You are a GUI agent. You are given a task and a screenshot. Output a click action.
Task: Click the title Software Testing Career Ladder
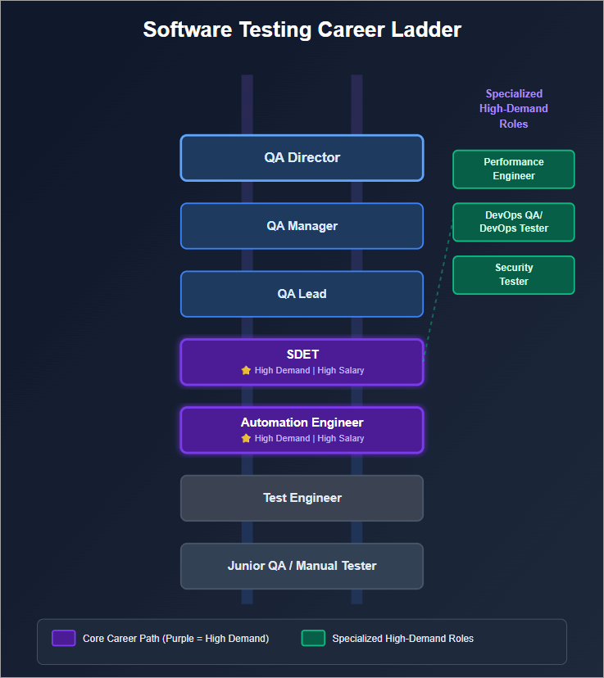302,30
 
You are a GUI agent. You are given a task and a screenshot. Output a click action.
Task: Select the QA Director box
302,158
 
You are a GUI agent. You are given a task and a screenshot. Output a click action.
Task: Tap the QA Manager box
302,226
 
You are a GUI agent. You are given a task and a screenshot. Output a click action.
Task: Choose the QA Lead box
302,294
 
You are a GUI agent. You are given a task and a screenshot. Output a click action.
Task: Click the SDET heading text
302,355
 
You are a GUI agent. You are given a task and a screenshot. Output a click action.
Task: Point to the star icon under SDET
246,370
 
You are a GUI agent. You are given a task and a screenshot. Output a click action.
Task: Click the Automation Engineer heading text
302,423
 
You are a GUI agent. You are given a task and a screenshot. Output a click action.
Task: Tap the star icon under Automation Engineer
246,438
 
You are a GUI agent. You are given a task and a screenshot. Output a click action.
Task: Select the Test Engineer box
302,498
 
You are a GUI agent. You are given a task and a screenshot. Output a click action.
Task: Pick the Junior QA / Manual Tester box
302,566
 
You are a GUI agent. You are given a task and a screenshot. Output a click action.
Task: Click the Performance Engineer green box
514,169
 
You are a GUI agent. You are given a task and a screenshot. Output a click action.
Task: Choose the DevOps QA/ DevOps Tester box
514,222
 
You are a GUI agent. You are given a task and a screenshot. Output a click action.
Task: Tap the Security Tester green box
514,274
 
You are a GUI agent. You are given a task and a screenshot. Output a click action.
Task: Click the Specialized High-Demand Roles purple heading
514,109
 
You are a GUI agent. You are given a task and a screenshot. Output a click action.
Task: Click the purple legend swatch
64,638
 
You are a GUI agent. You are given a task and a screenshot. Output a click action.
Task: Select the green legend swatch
313,638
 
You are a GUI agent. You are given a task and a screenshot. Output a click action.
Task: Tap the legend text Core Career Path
175,639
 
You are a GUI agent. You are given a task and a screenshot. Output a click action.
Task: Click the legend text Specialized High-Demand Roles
402,639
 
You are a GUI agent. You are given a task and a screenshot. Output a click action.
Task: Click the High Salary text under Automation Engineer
341,438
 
